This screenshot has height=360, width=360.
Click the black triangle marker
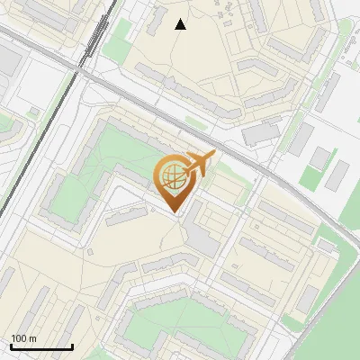click(x=181, y=24)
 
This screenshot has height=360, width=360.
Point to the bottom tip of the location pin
click(x=175, y=212)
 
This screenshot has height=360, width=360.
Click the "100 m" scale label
click(x=24, y=338)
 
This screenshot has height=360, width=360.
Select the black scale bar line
click(x=41, y=346)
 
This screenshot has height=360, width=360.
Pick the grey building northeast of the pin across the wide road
click(x=261, y=133)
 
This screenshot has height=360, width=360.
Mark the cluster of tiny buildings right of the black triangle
click(x=229, y=13)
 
